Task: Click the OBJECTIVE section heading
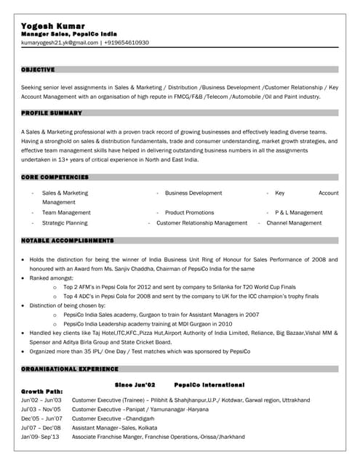point(38,70)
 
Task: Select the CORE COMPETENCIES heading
point(55,177)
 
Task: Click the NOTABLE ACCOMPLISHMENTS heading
point(68,240)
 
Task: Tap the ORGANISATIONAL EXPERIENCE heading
point(70,370)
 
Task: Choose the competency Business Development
point(193,193)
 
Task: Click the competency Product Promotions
point(189,213)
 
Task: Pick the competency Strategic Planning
point(65,223)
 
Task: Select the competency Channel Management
point(294,223)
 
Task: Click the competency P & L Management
point(298,213)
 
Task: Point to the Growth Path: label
point(42,392)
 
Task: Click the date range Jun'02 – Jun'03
point(41,400)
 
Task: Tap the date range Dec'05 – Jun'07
point(41,418)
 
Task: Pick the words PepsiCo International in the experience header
point(209,384)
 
